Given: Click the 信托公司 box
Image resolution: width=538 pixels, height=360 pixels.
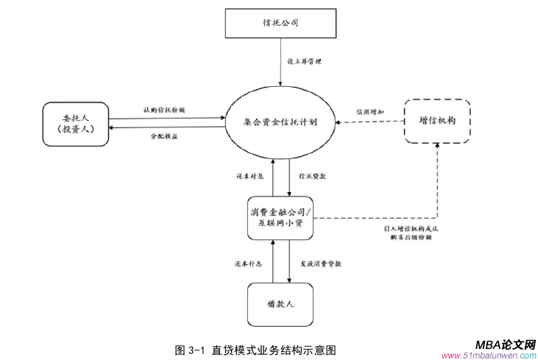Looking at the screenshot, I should coord(280,23).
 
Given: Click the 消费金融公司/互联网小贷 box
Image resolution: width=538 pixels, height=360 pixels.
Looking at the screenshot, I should coord(281,218).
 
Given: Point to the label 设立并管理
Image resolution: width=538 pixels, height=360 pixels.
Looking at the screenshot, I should coord(303,61).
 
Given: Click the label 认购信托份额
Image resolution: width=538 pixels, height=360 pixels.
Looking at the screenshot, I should coord(163,110).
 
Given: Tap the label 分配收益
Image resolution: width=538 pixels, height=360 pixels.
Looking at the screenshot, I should coord(164,136).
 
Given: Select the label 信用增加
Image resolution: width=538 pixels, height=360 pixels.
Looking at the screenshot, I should coord(369,112).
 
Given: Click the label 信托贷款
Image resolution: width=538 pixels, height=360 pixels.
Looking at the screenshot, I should coord(311,177).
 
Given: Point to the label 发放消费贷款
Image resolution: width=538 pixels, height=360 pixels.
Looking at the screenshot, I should coord(320,263).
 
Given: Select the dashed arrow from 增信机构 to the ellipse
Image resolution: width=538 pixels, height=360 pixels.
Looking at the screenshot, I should coord(368,121).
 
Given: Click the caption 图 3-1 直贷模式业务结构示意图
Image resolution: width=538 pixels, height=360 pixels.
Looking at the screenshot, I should coord(255,348).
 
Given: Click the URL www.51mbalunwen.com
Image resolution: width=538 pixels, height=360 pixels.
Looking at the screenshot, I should coord(489,356).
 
